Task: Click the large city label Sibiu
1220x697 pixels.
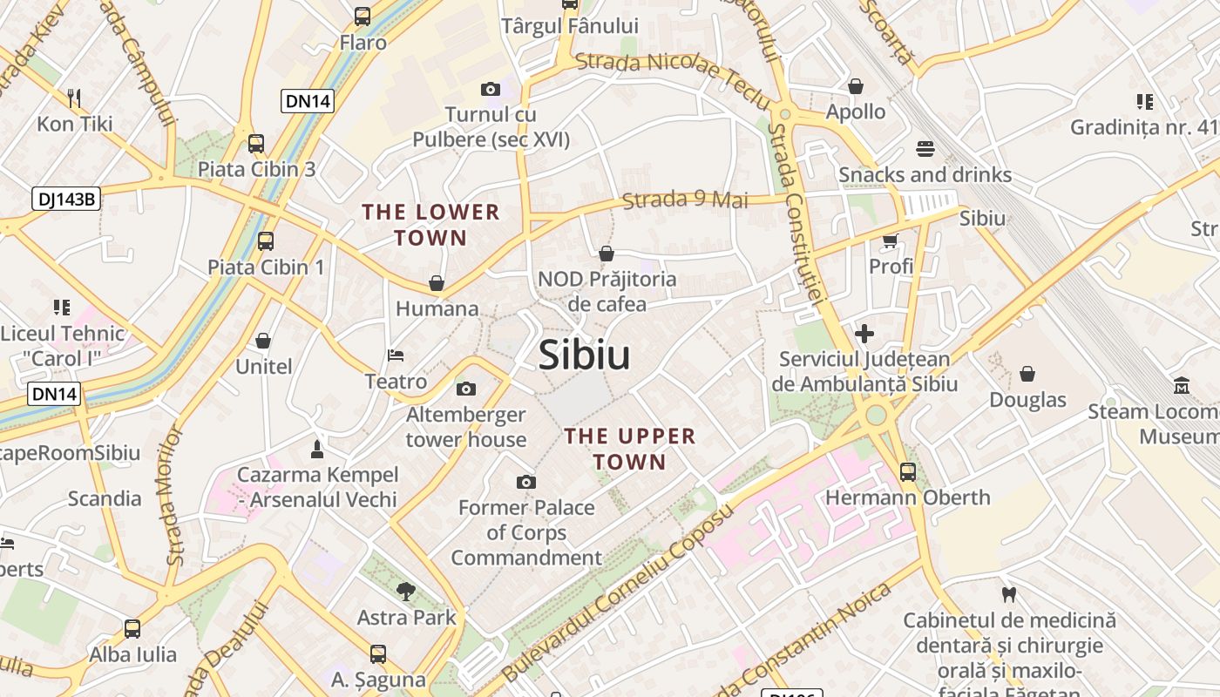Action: (584, 355)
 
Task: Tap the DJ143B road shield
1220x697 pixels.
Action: (67, 199)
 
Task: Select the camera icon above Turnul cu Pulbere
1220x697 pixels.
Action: (491, 89)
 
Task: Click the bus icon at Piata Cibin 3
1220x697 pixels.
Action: (256, 144)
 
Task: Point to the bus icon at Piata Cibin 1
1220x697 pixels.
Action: (266, 241)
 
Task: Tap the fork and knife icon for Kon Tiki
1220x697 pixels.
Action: (74, 98)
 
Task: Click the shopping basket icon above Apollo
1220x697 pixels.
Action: (856, 86)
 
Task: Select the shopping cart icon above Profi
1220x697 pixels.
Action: (890, 240)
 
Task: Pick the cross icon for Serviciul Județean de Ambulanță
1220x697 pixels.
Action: (864, 333)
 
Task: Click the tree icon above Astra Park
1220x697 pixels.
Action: (405, 592)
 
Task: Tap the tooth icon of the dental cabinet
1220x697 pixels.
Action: (1009, 595)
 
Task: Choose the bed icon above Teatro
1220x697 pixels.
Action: (396, 355)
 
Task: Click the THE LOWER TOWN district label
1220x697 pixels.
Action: (430, 225)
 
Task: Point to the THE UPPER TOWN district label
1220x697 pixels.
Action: (630, 449)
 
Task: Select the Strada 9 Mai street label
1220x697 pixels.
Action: (686, 200)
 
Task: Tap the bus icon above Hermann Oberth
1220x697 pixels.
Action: (908, 472)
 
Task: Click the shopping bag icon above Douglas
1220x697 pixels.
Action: (1027, 374)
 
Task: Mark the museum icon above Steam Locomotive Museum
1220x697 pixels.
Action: (1182, 385)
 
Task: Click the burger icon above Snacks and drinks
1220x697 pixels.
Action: (925, 149)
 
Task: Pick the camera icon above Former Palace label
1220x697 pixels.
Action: (525, 482)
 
